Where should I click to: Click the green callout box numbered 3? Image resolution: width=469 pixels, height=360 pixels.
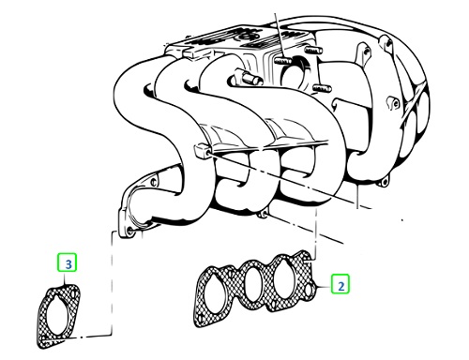[x=68, y=262]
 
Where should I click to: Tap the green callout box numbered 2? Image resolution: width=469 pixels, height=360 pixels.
[x=340, y=284]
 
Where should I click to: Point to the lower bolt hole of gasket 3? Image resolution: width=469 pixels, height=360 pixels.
[x=44, y=339]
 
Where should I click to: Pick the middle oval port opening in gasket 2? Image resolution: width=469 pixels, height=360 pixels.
[x=252, y=282]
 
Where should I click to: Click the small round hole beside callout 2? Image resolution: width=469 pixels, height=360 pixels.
[x=309, y=291]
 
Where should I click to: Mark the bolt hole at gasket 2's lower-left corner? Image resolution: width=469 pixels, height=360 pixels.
[x=201, y=318]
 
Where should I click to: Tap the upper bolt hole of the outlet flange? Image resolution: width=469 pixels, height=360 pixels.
[x=153, y=182]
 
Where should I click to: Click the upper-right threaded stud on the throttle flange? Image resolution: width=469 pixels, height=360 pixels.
[x=311, y=50]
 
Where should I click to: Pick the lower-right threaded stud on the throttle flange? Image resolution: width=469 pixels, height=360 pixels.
[x=322, y=88]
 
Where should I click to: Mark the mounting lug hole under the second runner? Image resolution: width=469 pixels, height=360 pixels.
[x=265, y=215]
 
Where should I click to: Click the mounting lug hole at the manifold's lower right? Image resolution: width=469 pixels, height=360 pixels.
[x=385, y=182]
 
